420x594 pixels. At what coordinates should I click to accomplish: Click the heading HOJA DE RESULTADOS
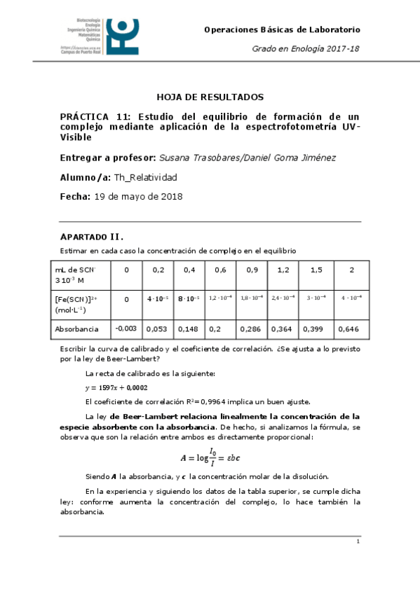pos(210,97)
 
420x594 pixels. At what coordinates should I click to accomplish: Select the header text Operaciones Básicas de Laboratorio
pos(282,29)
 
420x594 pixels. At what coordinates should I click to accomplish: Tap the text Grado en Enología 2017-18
pos(306,48)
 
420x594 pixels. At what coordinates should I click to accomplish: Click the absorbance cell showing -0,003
pos(126,329)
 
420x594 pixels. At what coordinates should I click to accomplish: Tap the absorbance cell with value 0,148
pos(189,329)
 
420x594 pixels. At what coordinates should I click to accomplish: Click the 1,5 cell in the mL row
pos(316,270)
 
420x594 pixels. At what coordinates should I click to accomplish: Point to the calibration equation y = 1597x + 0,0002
pos(116,387)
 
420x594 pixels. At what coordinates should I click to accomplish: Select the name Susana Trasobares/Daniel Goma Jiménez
pos(248,158)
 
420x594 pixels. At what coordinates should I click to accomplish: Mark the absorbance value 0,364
pos(283,329)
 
